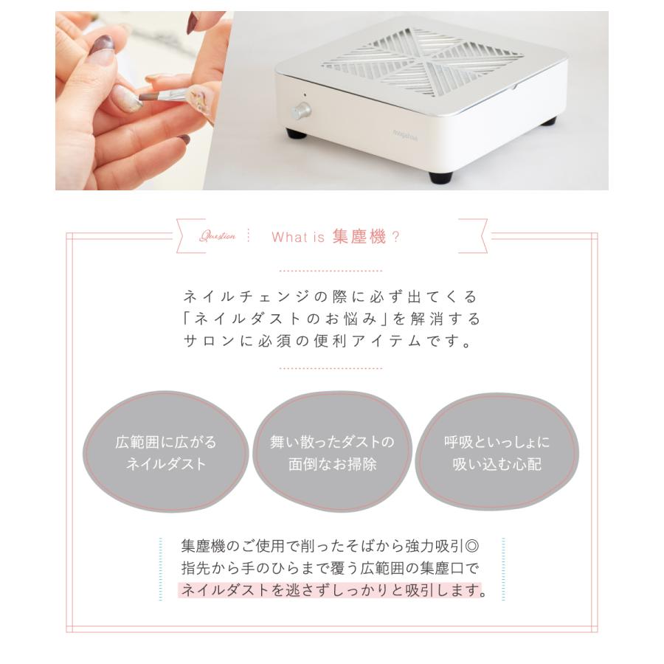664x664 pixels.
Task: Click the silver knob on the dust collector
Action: tap(300, 111)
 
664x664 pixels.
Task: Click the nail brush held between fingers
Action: tap(167, 95)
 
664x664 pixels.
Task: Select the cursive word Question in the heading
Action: tap(218, 237)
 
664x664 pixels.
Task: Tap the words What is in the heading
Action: tap(299, 237)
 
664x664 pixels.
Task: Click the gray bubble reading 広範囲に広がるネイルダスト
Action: tap(166, 453)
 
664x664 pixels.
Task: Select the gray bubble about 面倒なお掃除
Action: tap(332, 453)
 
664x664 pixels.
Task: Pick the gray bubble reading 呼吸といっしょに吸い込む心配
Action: tap(497, 453)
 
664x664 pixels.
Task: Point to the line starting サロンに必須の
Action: tap(331, 342)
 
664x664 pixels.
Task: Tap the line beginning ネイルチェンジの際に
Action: tap(331, 297)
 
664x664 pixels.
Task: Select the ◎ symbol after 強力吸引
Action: tap(473, 547)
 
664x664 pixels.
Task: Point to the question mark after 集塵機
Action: tap(395, 237)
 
